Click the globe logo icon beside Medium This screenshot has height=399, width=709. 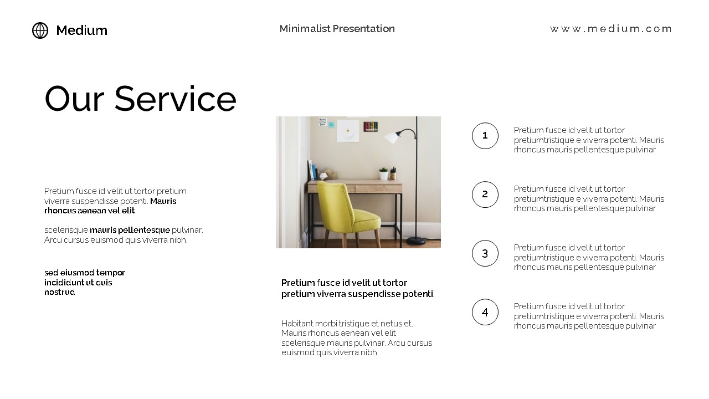tap(40, 30)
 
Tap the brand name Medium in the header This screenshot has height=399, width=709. tap(81, 30)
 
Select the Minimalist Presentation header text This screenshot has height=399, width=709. tap(337, 28)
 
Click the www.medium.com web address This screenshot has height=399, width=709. tap(610, 29)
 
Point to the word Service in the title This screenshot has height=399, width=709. tap(175, 99)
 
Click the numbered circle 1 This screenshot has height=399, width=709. tap(485, 136)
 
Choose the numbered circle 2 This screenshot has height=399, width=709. tap(485, 195)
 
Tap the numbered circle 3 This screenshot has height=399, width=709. tap(485, 253)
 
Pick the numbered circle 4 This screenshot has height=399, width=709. tap(485, 312)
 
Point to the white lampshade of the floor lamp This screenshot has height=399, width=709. tap(392, 137)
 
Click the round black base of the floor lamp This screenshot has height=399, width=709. tap(416, 241)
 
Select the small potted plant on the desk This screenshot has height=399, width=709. tap(383, 173)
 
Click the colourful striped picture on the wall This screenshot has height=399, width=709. tap(371, 127)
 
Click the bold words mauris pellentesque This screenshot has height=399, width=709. tap(130, 230)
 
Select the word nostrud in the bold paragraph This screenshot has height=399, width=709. tap(59, 292)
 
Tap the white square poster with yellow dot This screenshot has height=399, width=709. tap(348, 131)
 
